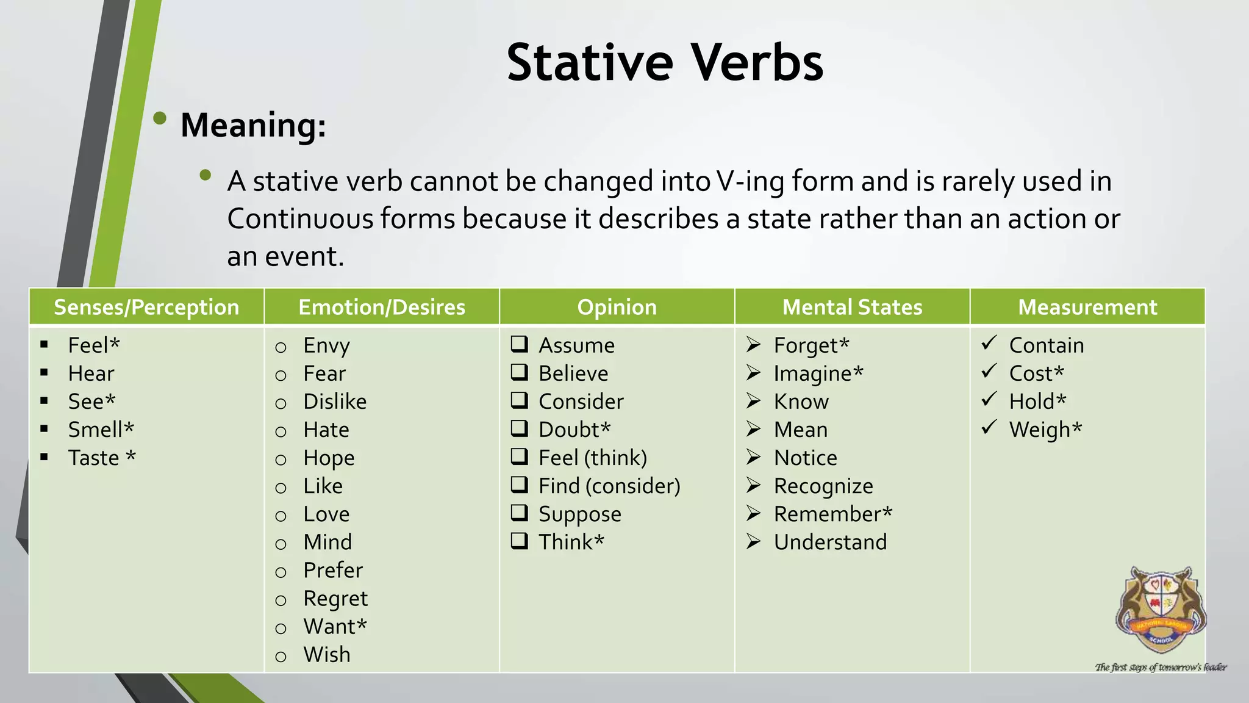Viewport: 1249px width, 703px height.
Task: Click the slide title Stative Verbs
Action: [x=665, y=63]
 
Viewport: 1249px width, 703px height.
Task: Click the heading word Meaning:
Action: [x=253, y=126]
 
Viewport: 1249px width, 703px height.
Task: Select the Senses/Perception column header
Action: [x=146, y=307]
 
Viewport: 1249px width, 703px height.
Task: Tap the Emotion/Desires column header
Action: [x=382, y=307]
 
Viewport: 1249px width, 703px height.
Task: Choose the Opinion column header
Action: [x=617, y=307]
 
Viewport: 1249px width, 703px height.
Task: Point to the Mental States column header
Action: [x=852, y=307]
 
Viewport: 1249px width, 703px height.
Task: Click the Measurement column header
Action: [x=1087, y=307]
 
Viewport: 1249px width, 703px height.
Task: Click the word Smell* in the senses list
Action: [x=101, y=430]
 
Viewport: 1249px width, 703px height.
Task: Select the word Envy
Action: [x=326, y=345]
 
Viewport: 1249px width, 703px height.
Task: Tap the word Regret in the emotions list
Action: [x=335, y=599]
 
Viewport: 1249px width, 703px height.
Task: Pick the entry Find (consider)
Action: [x=609, y=486]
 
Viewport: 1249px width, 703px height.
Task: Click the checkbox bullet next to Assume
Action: [x=520, y=344]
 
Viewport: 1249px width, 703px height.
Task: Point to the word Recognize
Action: [x=823, y=486]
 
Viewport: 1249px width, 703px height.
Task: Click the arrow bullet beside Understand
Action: [x=754, y=542]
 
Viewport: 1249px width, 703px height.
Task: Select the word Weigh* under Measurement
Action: [x=1045, y=430]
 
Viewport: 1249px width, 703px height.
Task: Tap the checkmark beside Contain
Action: [x=989, y=343]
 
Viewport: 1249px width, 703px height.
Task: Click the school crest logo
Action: [x=1161, y=610]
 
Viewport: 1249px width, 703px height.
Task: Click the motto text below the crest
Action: [x=1161, y=667]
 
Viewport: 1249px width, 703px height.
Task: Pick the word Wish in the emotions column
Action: [x=327, y=655]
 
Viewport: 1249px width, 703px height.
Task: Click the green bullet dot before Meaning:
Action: [x=160, y=118]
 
